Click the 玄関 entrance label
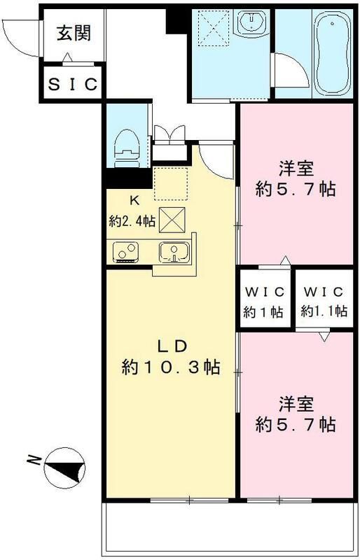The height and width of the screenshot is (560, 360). coord(74,32)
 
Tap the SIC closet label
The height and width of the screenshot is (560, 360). coord(74,84)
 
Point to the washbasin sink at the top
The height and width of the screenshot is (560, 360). coord(249,25)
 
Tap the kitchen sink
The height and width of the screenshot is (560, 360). coord(172,251)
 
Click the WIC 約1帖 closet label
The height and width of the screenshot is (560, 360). coord(263,302)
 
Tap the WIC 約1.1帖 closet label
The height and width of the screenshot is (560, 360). coord(324,302)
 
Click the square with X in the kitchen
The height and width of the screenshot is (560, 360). coord(172,220)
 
